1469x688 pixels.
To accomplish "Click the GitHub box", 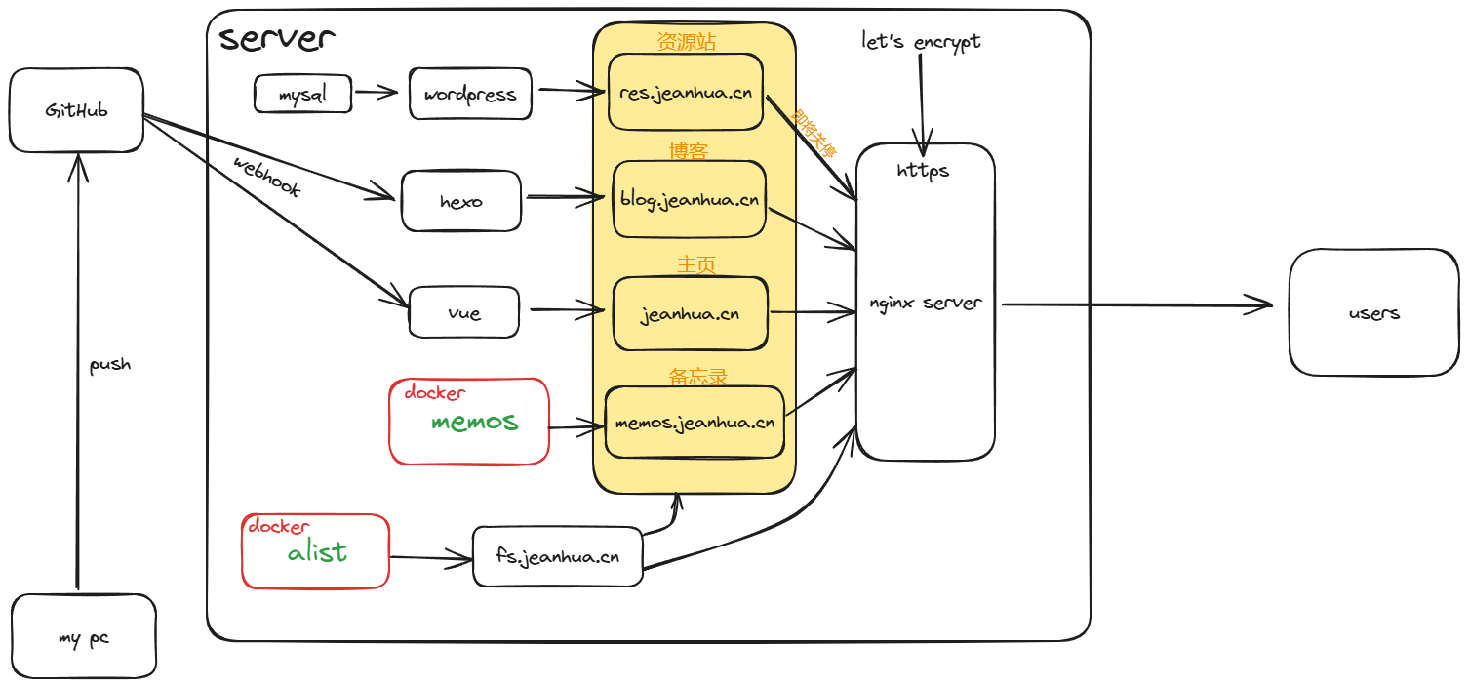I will tap(76, 110).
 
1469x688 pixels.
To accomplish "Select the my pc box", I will tap(84, 638).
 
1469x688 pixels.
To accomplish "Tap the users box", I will tap(1373, 313).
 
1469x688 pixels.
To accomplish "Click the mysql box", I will tap(302, 95).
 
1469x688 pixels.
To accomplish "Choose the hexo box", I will tap(461, 202).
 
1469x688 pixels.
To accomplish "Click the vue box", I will tap(464, 313).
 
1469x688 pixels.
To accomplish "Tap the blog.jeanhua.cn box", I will tap(689, 200).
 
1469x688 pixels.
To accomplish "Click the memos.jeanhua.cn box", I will tap(695, 423).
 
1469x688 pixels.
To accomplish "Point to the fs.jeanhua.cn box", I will tap(558, 557).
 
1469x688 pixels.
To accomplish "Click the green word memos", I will tap(474, 422).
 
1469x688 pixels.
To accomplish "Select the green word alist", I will tap(317, 552).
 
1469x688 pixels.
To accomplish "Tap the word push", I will tap(109, 365).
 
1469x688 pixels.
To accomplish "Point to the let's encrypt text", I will tap(921, 42).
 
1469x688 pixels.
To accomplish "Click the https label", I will tap(924, 171).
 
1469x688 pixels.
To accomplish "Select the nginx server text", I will tap(925, 303).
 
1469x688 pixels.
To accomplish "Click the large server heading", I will tap(277, 39).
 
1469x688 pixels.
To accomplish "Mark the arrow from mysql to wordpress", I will tap(377, 94).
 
